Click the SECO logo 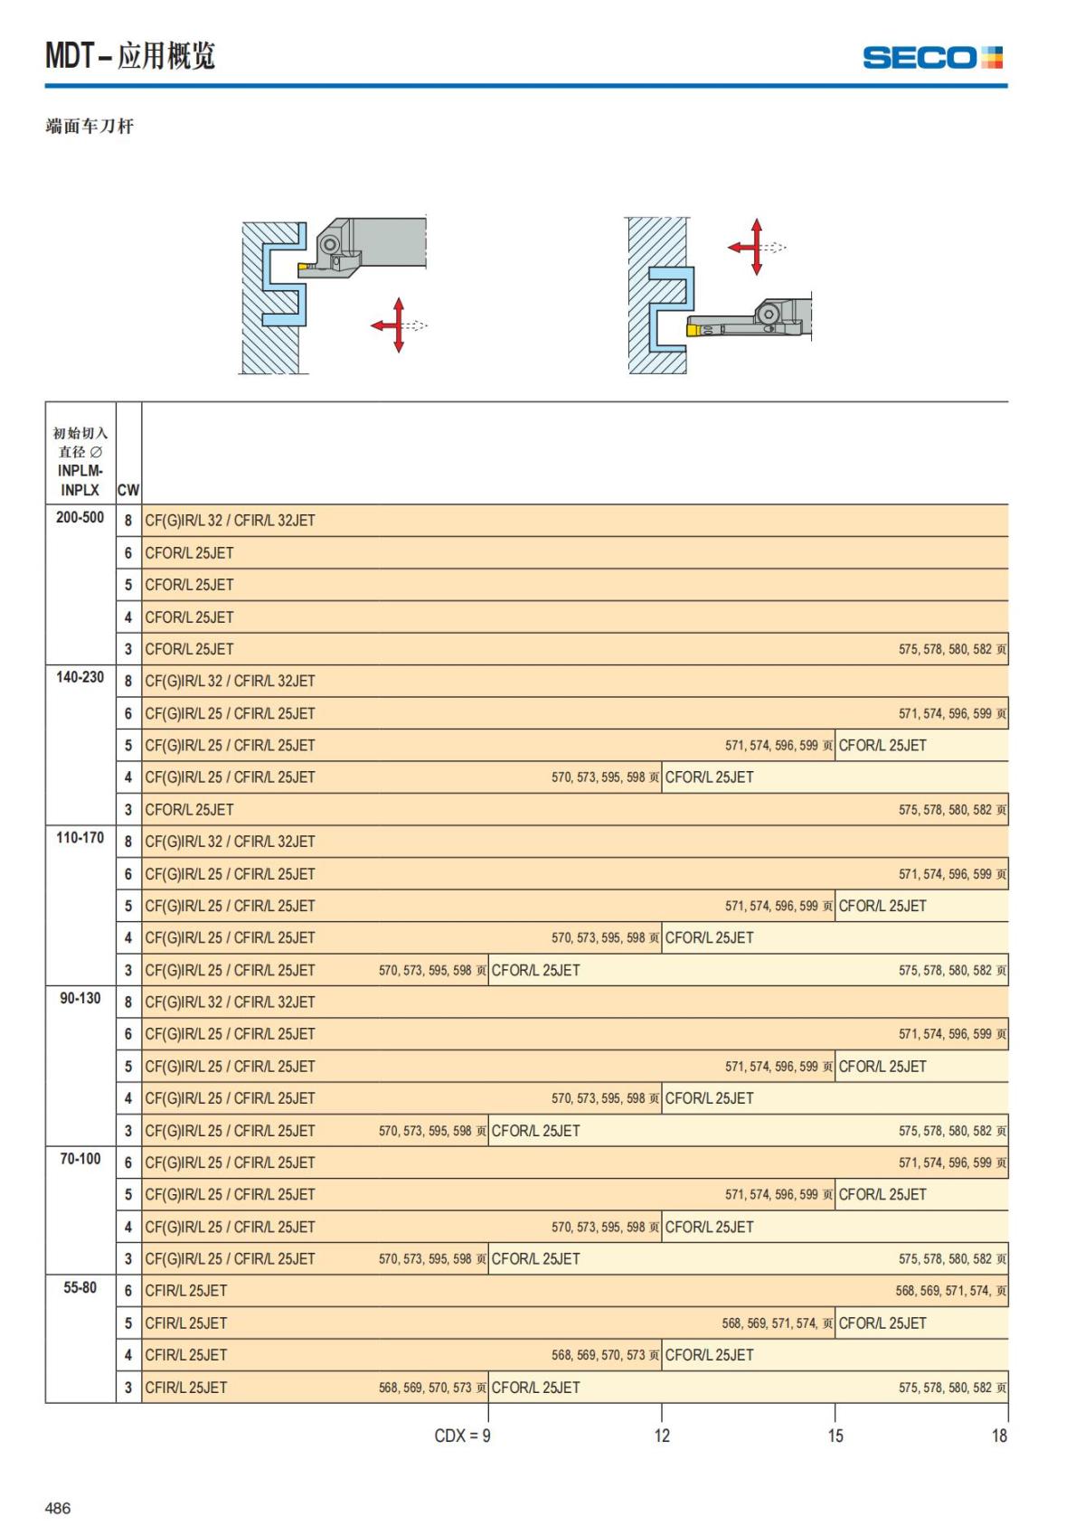pyautogui.click(x=932, y=58)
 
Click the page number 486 pyautogui.click(x=58, y=1508)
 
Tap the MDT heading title pyautogui.click(x=130, y=56)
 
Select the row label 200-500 pyautogui.click(x=80, y=518)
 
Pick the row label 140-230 pyautogui.click(x=80, y=678)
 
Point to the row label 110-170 pyautogui.click(x=80, y=838)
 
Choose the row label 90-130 pyautogui.click(x=80, y=999)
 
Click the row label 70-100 pyautogui.click(x=80, y=1159)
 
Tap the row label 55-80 pyautogui.click(x=80, y=1288)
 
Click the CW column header pyautogui.click(x=128, y=490)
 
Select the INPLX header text pyautogui.click(x=80, y=490)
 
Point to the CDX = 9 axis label pyautogui.click(x=462, y=1435)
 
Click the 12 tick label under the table pyautogui.click(x=662, y=1435)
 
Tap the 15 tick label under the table pyautogui.click(x=835, y=1435)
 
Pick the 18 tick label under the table pyautogui.click(x=999, y=1435)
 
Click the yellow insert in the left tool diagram pyautogui.click(x=305, y=267)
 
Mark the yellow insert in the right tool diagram pyautogui.click(x=693, y=331)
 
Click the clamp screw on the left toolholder pyautogui.click(x=329, y=244)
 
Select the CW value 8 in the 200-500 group pyautogui.click(x=128, y=521)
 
